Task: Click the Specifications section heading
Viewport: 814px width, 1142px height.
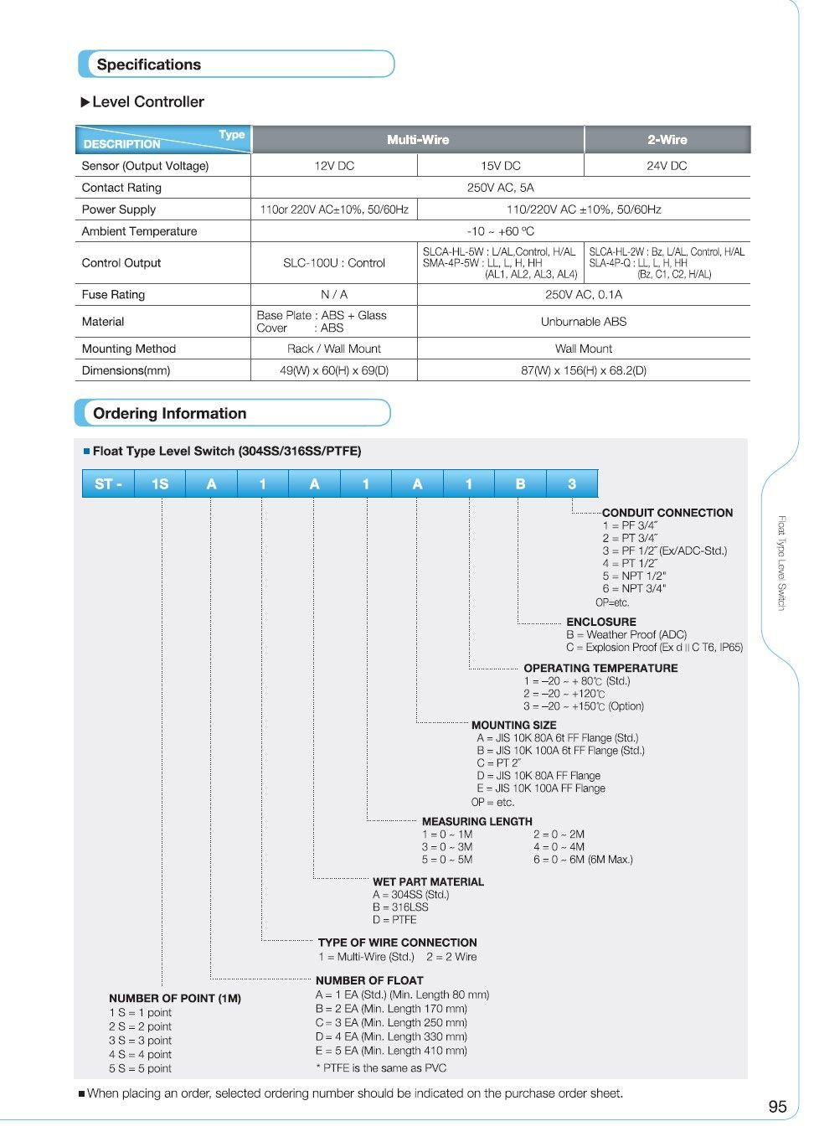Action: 149,65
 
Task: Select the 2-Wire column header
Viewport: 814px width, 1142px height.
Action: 667,140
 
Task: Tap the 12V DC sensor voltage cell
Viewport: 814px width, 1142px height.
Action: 334,166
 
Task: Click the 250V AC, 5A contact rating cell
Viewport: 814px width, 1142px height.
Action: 500,188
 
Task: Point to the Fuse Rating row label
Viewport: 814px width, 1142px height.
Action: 113,295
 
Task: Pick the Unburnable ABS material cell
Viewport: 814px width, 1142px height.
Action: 583,322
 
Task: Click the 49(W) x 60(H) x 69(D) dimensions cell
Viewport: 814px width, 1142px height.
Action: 334,370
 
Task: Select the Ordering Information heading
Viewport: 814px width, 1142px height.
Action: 169,413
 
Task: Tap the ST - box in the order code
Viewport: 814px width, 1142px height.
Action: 108,484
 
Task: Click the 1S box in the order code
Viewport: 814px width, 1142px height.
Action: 160,484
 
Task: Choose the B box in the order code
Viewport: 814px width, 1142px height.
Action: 520,484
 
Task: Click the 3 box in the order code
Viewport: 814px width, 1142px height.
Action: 572,484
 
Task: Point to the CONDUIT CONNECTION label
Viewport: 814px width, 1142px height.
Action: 667,513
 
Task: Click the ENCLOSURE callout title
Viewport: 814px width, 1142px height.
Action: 600,622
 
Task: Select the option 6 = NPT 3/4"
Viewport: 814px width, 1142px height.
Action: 634,588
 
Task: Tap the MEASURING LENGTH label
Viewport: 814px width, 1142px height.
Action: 477,822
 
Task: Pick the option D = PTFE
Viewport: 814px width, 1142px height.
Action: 394,919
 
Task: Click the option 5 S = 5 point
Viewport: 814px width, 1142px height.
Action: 140,1068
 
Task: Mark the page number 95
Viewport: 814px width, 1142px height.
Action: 777,1107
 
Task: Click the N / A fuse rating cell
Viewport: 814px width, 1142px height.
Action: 334,295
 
